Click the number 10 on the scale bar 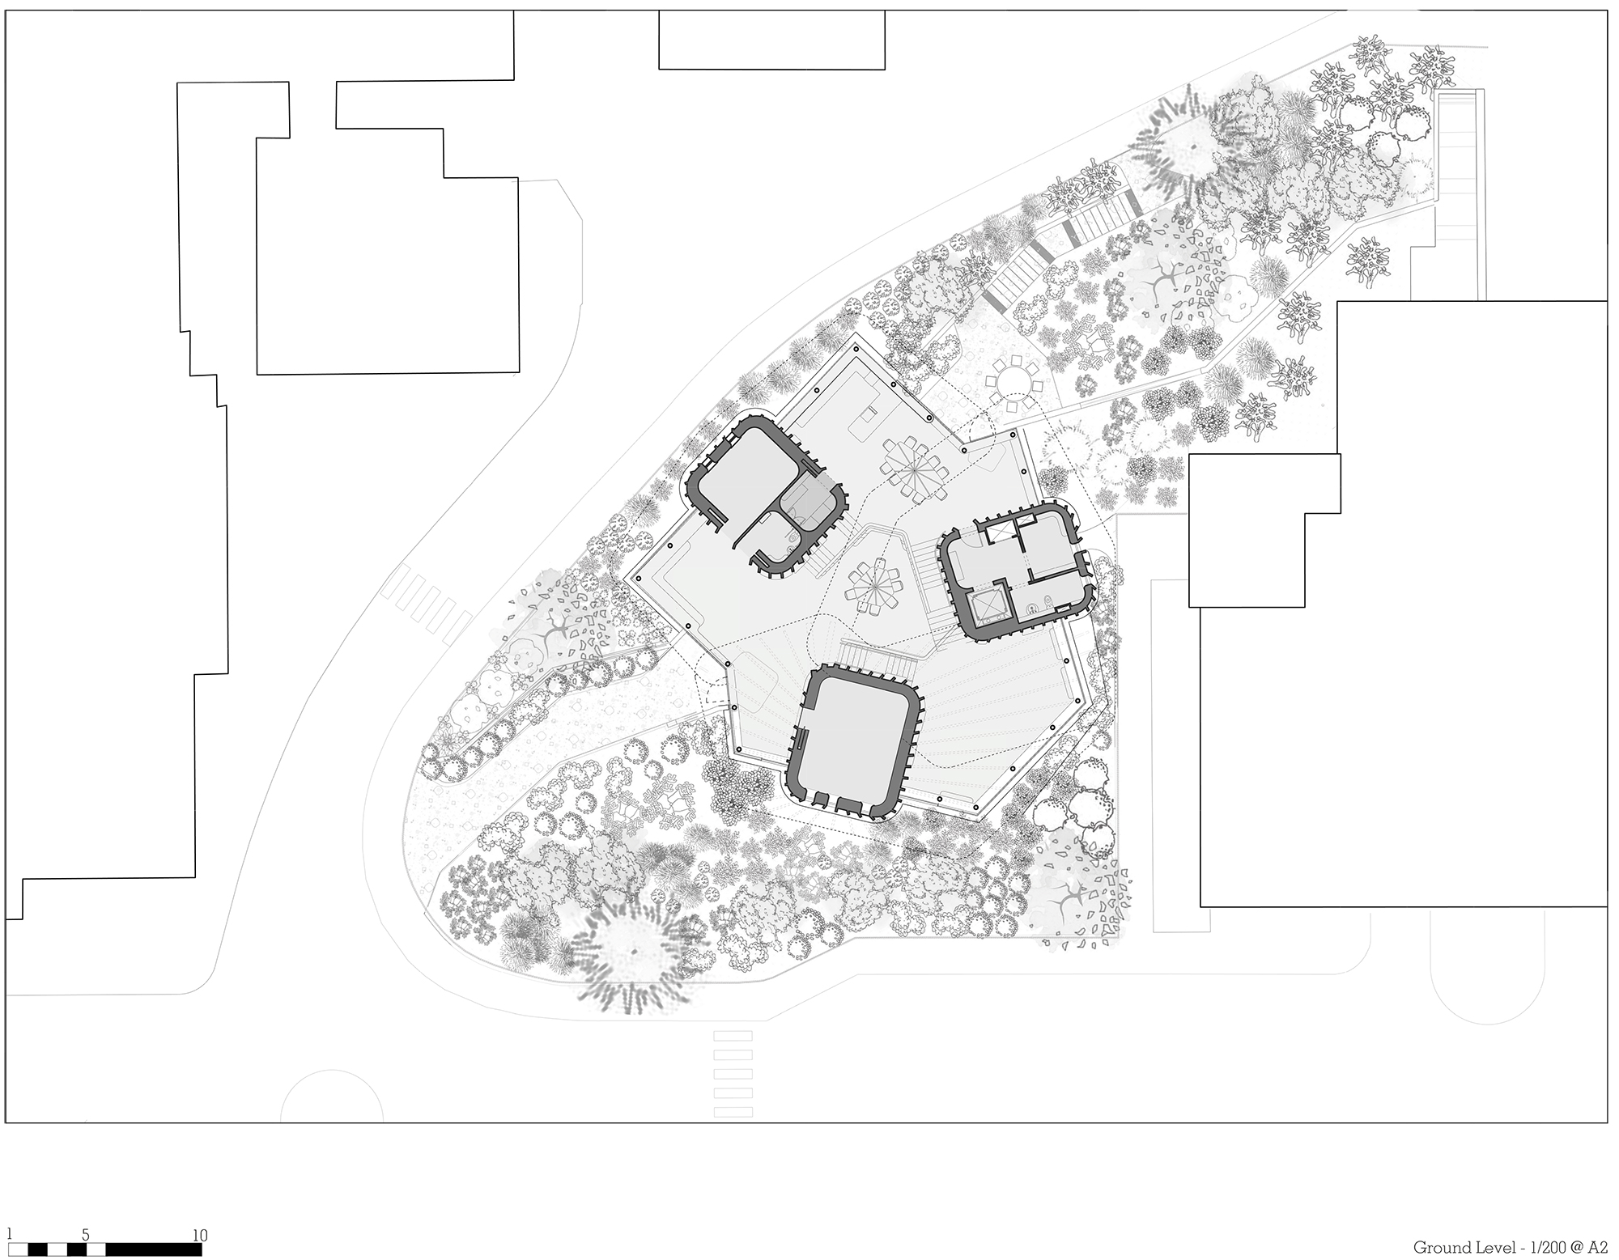point(200,1236)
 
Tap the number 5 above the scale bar point(86,1236)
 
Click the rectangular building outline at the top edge point(771,40)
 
